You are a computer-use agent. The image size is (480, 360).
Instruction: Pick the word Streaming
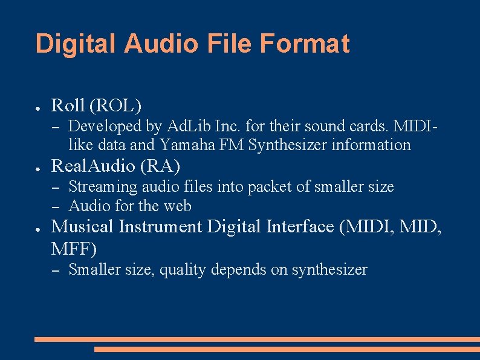103,187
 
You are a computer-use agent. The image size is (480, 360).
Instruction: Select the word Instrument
160,226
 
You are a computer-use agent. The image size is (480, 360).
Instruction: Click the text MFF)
74,248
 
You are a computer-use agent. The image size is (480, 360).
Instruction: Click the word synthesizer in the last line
329,270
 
